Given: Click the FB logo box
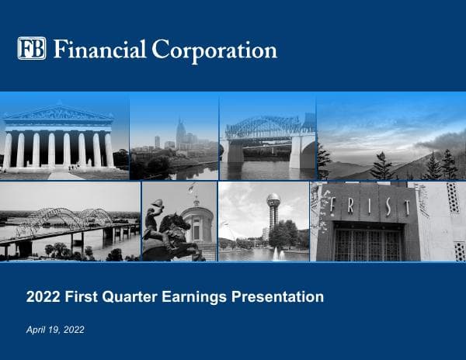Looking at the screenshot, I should (x=32, y=49).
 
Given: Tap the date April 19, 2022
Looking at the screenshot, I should (x=55, y=330).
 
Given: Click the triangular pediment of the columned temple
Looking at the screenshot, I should (x=58, y=113).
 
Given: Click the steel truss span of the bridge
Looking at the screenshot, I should (x=263, y=126).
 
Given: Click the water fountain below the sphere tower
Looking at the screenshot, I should (x=278, y=253).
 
